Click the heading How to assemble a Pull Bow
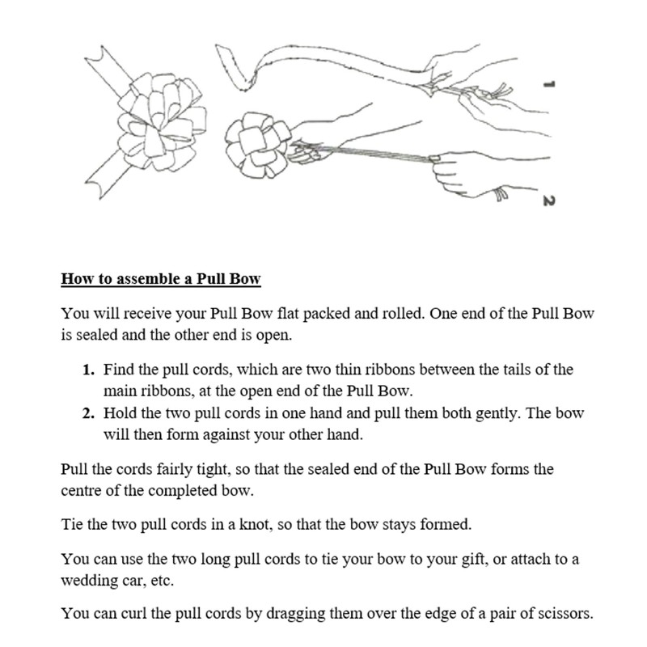click(161, 280)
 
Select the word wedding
click(88, 581)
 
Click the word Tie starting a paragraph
click(72, 524)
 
